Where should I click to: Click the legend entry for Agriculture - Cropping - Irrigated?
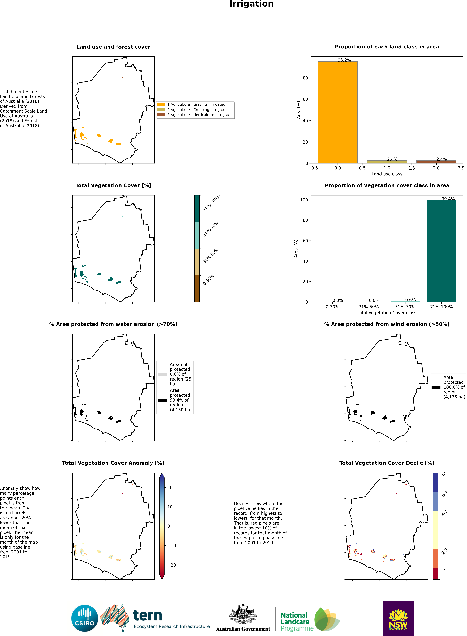(x=197, y=110)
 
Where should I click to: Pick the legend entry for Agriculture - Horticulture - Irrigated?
(x=200, y=115)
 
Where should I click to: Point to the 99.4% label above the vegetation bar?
(x=448, y=199)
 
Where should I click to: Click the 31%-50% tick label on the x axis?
(x=369, y=307)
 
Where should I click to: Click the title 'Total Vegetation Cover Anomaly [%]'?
(x=113, y=463)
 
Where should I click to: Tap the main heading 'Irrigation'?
(x=251, y=4)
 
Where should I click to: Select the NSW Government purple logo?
(x=398, y=618)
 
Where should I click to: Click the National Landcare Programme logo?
(x=310, y=619)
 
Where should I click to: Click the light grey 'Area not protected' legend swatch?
(x=162, y=374)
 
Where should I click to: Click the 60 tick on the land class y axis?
(x=305, y=99)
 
